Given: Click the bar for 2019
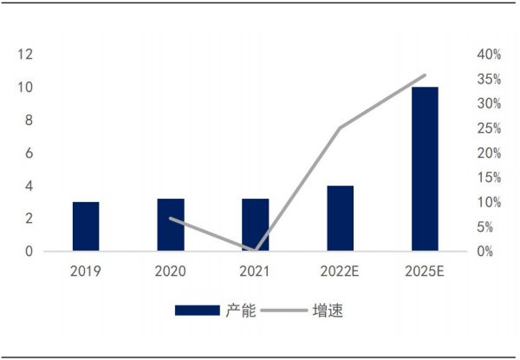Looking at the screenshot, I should [x=86, y=226].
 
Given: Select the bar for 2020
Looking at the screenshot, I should [x=171, y=225].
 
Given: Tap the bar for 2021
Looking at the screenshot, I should [x=256, y=225].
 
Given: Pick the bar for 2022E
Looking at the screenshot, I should [x=340, y=219].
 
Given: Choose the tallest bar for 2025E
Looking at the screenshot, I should [x=425, y=169].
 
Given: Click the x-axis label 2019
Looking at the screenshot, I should [x=86, y=272].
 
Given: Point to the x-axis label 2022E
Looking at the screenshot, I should [x=340, y=272].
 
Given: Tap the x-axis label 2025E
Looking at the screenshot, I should [x=425, y=272].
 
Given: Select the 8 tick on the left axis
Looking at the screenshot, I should [x=29, y=121].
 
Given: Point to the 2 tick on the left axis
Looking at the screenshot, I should [x=29, y=219].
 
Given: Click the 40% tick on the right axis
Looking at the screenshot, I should [x=489, y=55].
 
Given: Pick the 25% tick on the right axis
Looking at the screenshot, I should [x=489, y=128].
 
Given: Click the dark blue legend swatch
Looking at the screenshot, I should [x=198, y=311].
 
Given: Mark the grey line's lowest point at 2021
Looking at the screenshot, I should [x=256, y=250].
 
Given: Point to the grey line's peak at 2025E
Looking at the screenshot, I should [x=425, y=75].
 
